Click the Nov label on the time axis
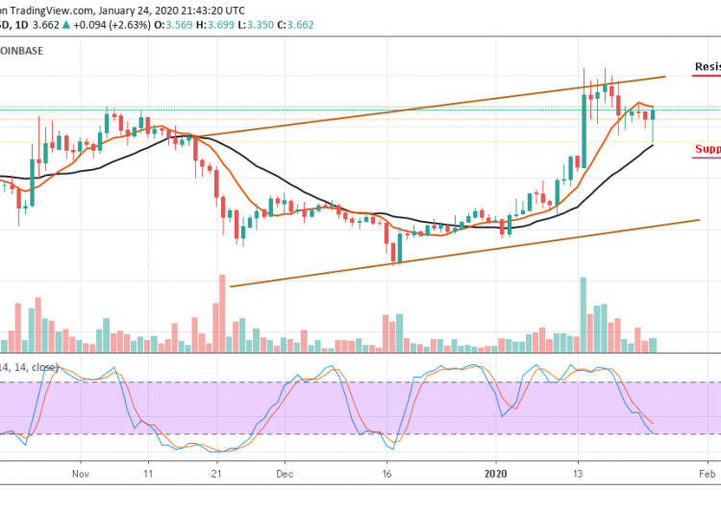81,474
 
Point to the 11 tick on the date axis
148,474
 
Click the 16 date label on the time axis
386,474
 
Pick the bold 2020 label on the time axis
496,474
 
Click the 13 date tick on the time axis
579,474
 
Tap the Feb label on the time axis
707,474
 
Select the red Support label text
708,149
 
